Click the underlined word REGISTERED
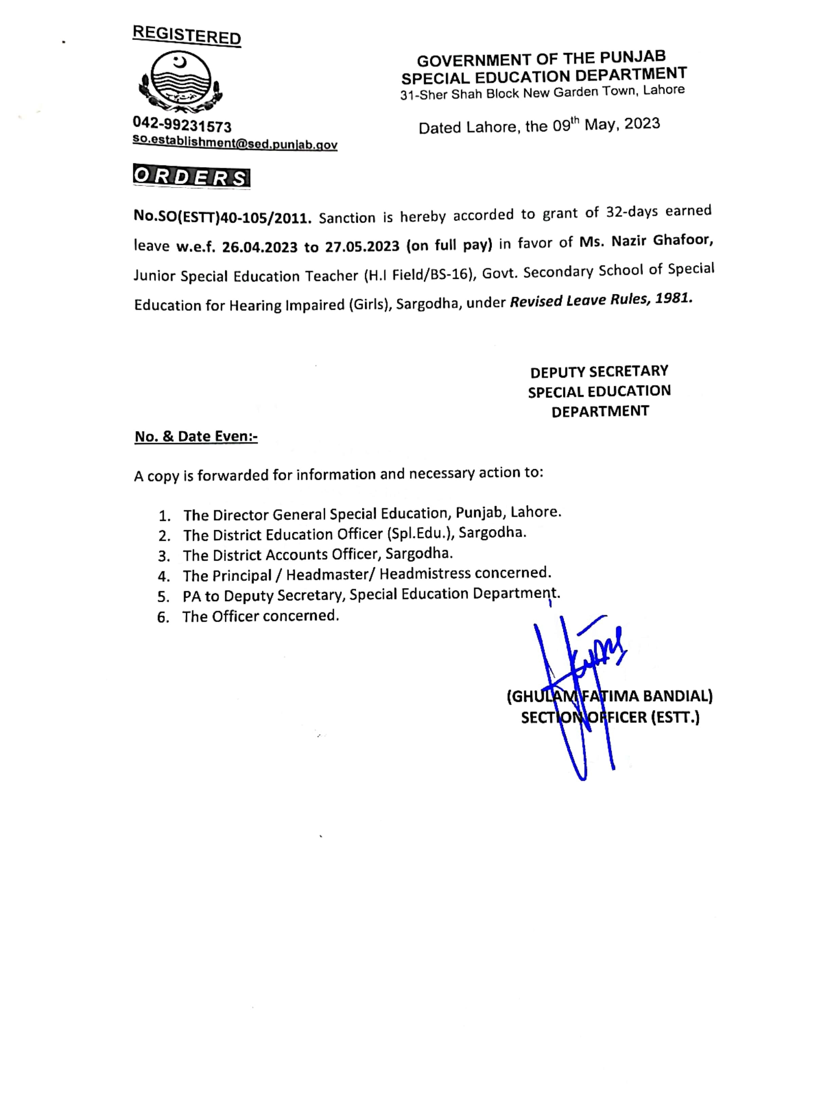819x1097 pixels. click(186, 35)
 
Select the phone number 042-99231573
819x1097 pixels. click(182, 126)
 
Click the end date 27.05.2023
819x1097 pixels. click(362, 246)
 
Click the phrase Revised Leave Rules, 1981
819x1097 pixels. click(601, 300)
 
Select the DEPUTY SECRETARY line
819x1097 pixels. click(599, 371)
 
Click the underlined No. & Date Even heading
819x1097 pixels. click(196, 436)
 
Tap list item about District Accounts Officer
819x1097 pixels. click(317, 554)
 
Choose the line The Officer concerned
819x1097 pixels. click(260, 616)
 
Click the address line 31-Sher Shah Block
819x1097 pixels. click(542, 93)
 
